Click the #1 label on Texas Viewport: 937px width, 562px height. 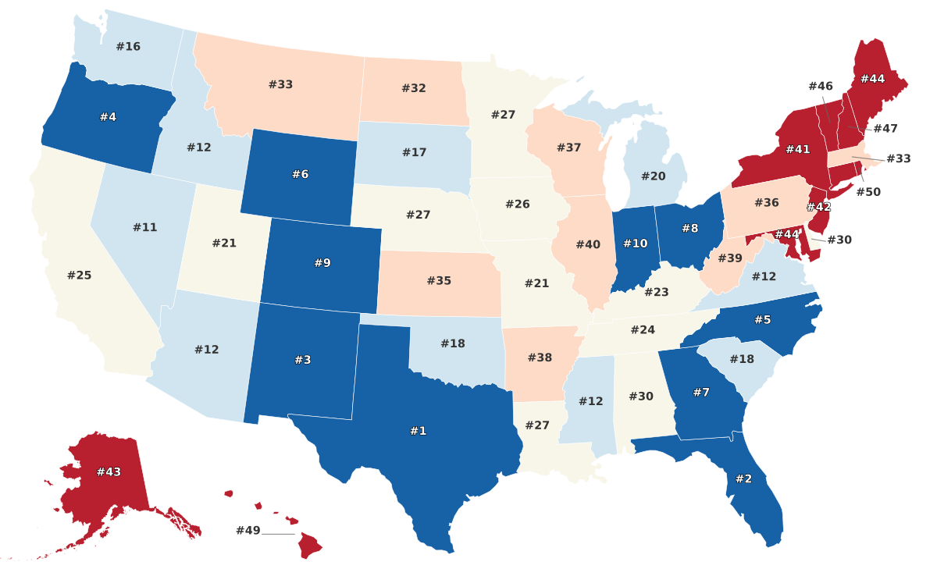pos(419,431)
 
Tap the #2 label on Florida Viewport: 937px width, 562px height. pos(743,478)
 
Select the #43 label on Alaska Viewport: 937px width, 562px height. pos(109,472)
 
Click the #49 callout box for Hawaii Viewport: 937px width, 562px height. pos(248,531)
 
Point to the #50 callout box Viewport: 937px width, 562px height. pos(868,192)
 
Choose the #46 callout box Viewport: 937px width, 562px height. pos(821,86)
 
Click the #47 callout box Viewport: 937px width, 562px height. pos(885,128)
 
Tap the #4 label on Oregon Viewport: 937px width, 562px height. pos(108,117)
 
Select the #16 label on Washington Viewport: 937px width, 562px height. pos(128,46)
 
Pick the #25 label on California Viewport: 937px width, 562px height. pos(79,276)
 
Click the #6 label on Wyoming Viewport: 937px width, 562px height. pos(300,174)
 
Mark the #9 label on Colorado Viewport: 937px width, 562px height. pos(322,263)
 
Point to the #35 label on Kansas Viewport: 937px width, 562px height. pos(439,280)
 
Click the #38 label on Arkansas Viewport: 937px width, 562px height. pos(540,357)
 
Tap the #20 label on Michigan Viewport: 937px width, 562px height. pos(653,176)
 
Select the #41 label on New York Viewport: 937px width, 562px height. pos(797,148)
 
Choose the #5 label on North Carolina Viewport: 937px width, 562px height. pos(762,319)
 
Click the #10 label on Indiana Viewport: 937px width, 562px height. pos(635,244)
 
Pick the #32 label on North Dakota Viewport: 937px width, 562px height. pos(414,88)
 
